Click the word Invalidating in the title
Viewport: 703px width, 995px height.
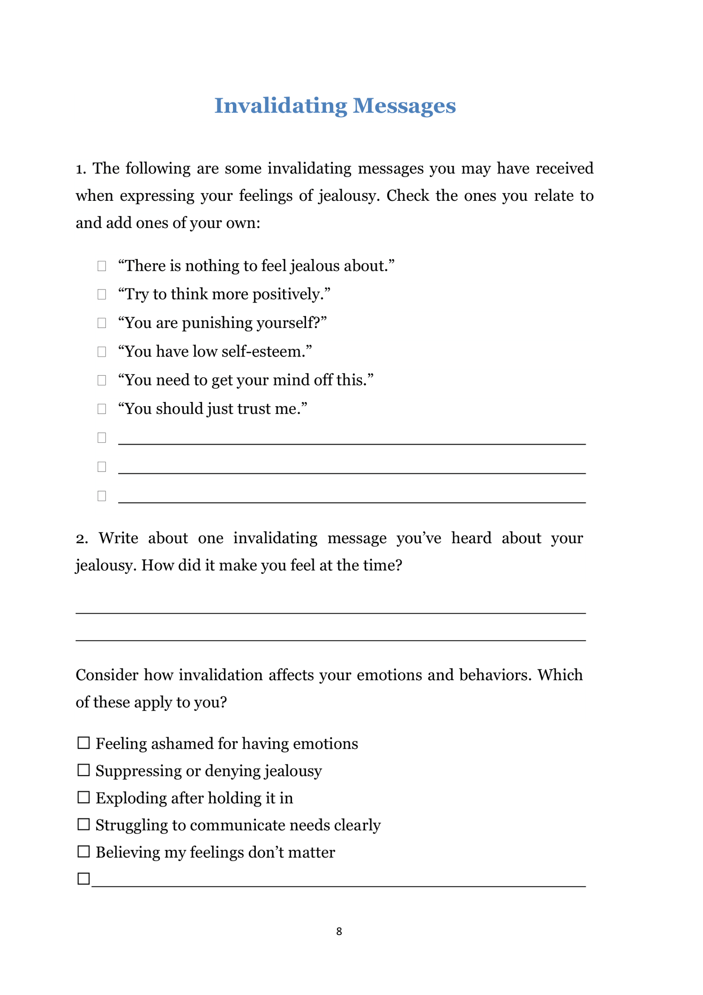tap(280, 106)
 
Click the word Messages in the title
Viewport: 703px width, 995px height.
tap(404, 106)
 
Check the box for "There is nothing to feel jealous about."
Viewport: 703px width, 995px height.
tap(102, 266)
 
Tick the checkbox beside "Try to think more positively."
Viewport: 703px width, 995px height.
tap(102, 294)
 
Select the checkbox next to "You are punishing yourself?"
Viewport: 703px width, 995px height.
tap(102, 323)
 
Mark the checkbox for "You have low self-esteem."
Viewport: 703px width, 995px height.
tap(102, 352)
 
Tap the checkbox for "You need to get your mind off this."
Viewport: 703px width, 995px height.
tap(102, 380)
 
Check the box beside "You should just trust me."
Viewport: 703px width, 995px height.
tap(102, 409)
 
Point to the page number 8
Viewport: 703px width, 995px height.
tap(339, 932)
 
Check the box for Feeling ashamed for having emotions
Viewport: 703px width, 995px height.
tap(83, 743)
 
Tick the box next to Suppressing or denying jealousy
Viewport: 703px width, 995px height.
tap(83, 770)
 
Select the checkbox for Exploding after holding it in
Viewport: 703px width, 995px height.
tap(83, 798)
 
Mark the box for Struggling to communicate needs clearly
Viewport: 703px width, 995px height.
tap(83, 825)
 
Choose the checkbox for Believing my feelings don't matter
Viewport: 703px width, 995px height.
tap(83, 851)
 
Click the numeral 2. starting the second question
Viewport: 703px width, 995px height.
tap(82, 539)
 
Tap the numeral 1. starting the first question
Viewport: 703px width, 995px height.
tap(81, 169)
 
